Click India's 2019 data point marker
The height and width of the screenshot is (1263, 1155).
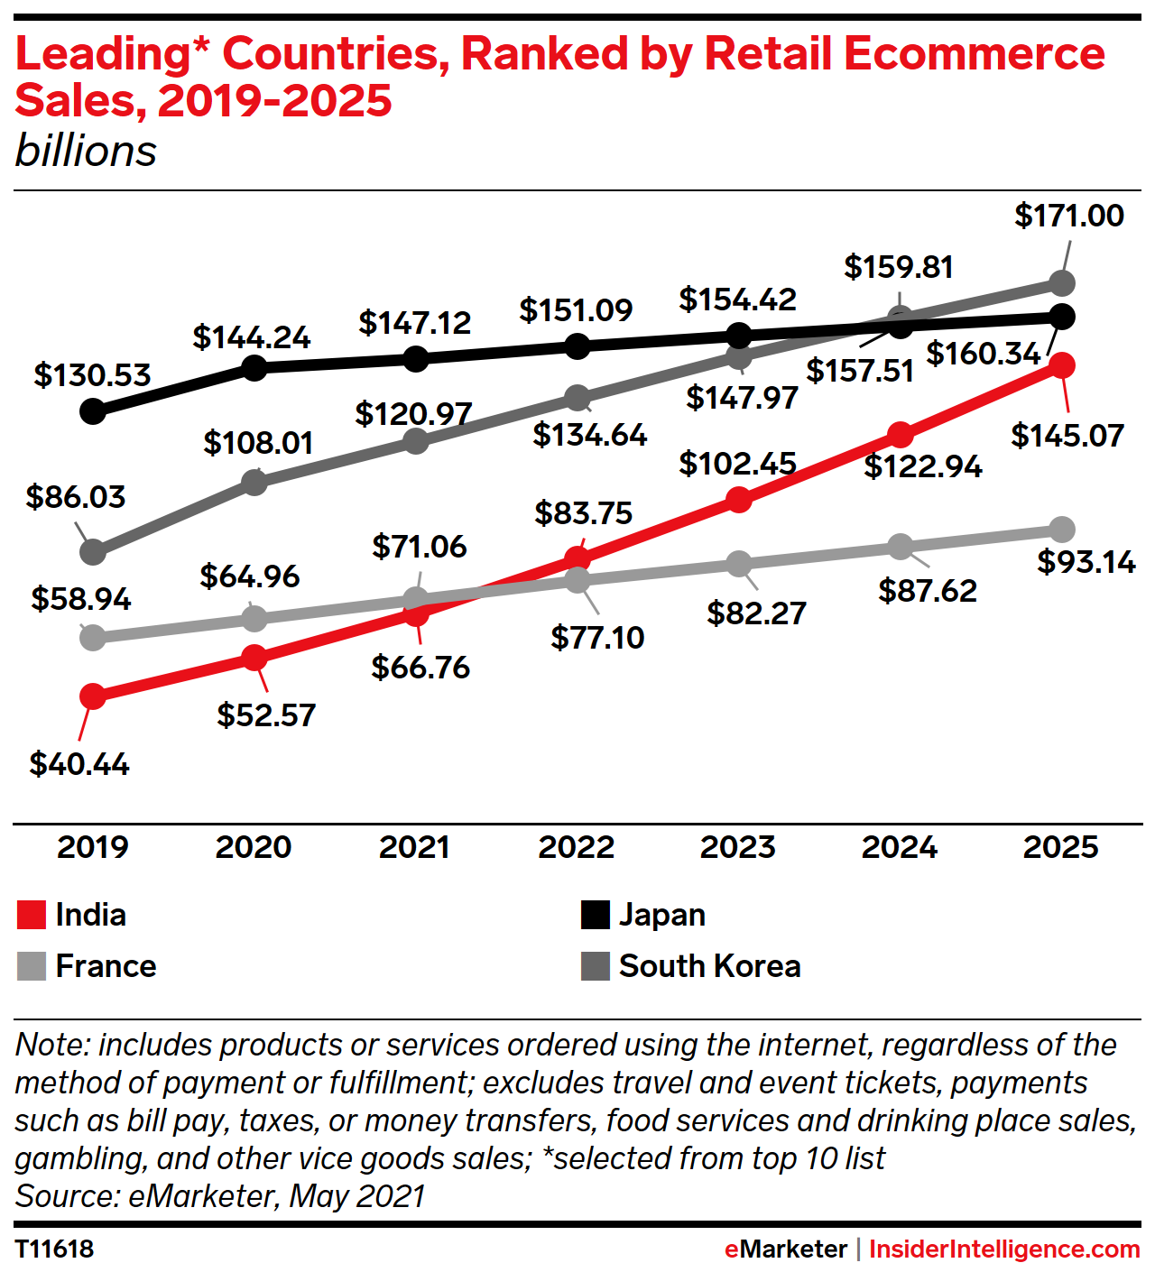click(92, 696)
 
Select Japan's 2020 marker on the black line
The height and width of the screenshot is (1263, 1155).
click(254, 367)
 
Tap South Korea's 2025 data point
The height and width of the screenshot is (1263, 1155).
click(1062, 283)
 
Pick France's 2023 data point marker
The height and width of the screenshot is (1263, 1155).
click(739, 564)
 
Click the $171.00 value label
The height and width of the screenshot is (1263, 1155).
click(1068, 216)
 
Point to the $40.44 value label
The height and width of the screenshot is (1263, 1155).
click(79, 764)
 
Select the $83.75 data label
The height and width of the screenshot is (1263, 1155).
click(583, 513)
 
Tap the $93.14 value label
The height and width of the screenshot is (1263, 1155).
click(1086, 562)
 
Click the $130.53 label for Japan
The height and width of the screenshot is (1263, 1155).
click(92, 375)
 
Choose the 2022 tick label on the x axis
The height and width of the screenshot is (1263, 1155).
click(576, 847)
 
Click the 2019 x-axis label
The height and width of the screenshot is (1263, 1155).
click(92, 847)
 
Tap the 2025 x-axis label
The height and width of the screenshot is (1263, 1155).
click(1060, 847)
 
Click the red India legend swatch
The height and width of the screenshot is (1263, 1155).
click(32, 915)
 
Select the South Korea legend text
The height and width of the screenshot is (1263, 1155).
click(709, 966)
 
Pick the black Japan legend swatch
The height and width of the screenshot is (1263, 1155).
click(595, 915)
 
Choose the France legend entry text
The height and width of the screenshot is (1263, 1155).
click(106, 966)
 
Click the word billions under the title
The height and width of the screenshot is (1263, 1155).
click(86, 152)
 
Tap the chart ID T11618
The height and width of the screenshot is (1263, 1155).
click(54, 1249)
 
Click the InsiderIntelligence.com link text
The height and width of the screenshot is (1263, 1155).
click(1003, 1249)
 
